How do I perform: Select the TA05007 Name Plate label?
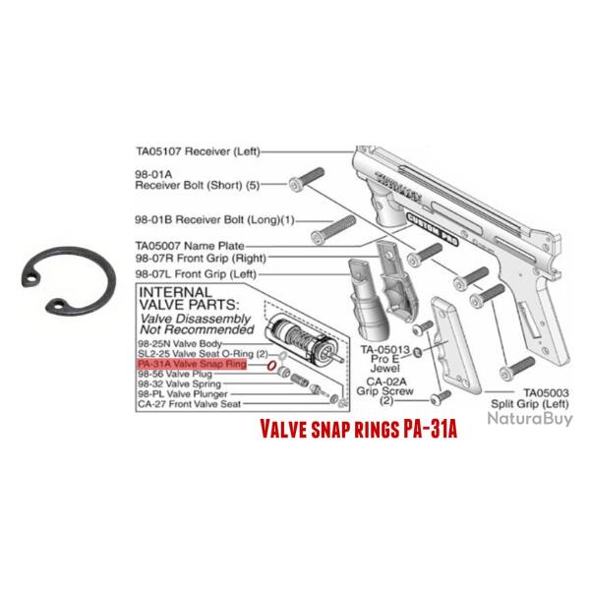tap(187, 244)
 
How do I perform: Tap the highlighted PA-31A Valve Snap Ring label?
tap(192, 364)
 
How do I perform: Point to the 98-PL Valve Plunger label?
tap(183, 393)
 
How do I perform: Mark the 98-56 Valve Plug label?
tap(175, 374)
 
